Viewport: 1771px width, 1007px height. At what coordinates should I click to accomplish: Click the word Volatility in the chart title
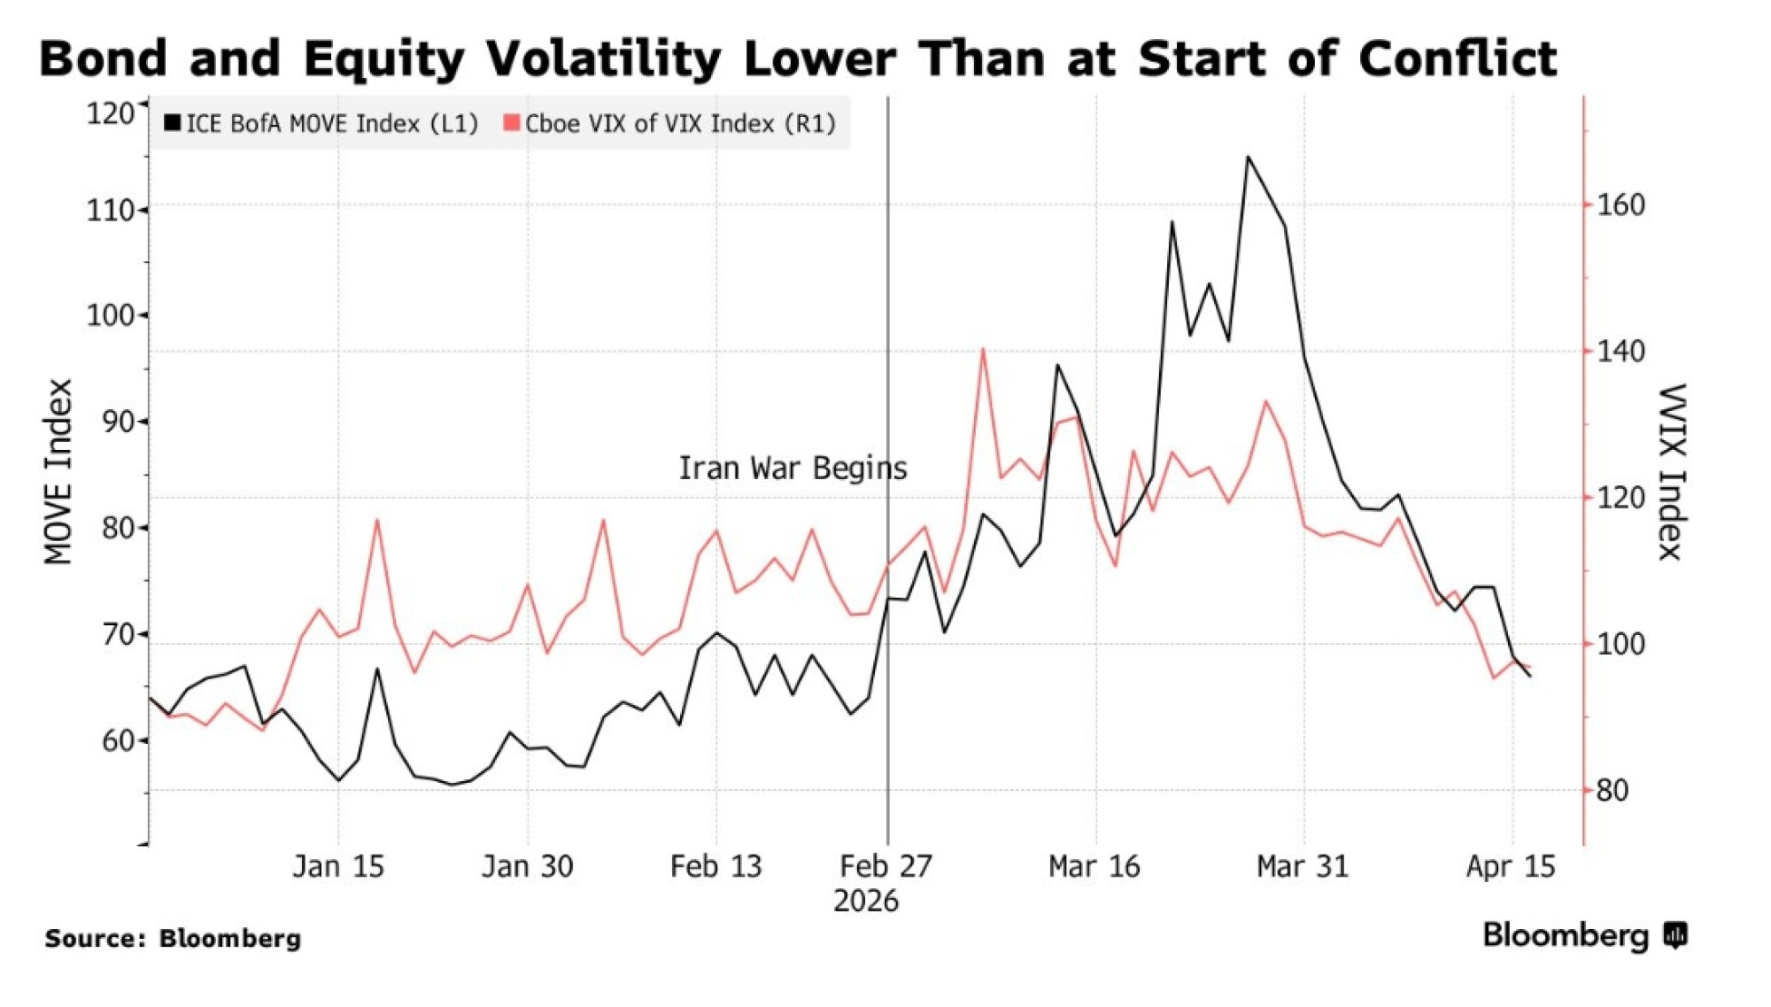pos(604,59)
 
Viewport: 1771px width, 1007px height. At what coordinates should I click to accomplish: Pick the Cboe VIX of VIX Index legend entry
pos(670,123)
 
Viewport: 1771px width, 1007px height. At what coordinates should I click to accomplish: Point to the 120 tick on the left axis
pos(110,113)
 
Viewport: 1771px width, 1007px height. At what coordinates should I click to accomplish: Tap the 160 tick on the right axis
pos(1620,205)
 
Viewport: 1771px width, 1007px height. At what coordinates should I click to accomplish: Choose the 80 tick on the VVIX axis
pos(1612,790)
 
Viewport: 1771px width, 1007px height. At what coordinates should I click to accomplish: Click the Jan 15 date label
pos(338,866)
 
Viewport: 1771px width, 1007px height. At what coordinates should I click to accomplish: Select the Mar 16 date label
pos(1094,866)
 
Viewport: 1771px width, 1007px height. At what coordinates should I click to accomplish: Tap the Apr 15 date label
pos(1511,866)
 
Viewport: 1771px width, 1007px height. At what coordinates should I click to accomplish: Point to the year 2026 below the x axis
pos(866,902)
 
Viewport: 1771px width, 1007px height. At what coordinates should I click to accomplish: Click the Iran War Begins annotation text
pos(793,469)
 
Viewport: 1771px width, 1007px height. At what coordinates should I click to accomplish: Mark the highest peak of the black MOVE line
pos(1248,158)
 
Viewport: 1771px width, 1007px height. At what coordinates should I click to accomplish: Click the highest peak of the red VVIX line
pos(983,349)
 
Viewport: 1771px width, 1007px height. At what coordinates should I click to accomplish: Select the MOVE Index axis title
pos(58,472)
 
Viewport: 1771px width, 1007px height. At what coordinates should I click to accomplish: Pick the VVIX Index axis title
pos(1672,472)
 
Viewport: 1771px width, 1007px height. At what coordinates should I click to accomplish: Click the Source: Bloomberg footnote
pos(173,939)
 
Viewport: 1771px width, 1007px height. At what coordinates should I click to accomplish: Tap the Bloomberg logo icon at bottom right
pos(1675,935)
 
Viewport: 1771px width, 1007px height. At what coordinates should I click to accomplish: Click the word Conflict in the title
pos(1458,59)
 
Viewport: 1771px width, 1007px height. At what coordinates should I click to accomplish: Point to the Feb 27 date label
pos(886,866)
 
